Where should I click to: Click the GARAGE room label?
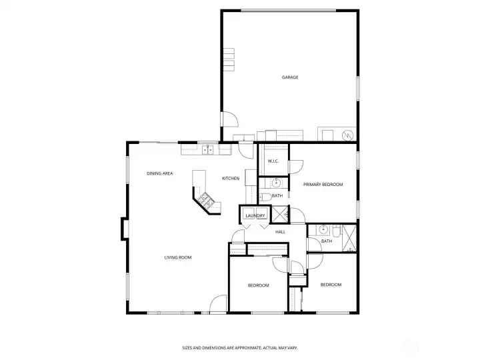(290, 77)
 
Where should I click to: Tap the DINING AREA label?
(159, 173)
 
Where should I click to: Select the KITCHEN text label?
(231, 178)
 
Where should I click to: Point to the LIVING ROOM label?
(178, 257)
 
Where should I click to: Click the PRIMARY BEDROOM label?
(323, 184)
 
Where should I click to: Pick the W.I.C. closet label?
(273, 161)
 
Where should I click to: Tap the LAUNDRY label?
(255, 216)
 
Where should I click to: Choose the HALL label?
(280, 232)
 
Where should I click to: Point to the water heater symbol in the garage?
(348, 135)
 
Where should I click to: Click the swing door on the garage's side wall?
(229, 119)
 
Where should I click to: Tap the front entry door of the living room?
(218, 304)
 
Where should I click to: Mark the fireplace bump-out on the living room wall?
(125, 229)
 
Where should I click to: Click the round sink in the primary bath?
(277, 183)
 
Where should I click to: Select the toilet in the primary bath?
(265, 197)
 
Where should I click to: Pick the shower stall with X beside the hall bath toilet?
(349, 238)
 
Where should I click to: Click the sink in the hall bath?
(323, 229)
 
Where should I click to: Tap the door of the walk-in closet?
(296, 167)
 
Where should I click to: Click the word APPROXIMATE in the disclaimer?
(246, 348)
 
